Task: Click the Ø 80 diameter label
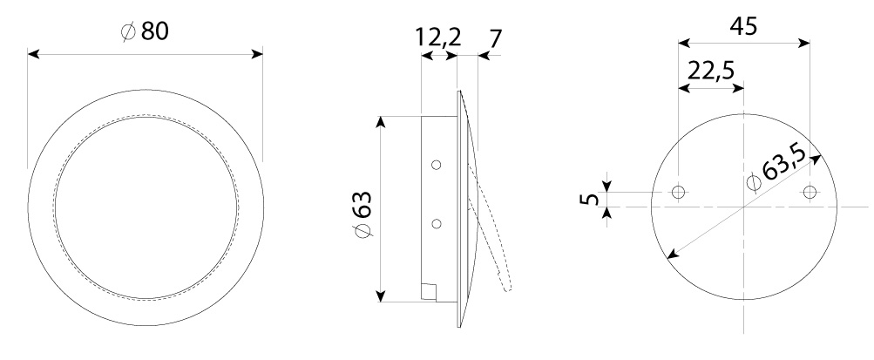(145, 31)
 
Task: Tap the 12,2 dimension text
(438, 37)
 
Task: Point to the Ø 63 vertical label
(362, 214)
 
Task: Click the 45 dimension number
(743, 25)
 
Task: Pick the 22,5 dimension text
(711, 71)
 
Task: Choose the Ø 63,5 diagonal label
(777, 168)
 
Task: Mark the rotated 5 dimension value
(588, 199)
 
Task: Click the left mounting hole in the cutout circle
(678, 193)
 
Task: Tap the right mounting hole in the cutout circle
(810, 193)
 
